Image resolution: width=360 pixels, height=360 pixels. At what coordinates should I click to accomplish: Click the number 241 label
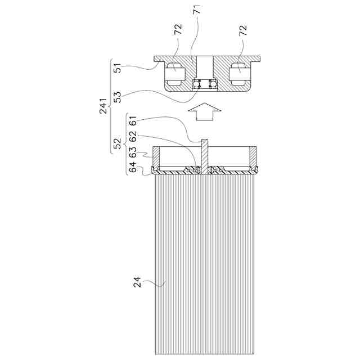pyautogui.click(x=103, y=105)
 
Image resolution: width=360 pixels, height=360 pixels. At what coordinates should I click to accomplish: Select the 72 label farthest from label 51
pyautogui.click(x=243, y=31)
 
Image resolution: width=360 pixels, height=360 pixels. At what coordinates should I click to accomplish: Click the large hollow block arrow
pyautogui.click(x=205, y=113)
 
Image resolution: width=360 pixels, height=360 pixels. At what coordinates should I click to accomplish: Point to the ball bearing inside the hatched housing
pyautogui.click(x=205, y=85)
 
